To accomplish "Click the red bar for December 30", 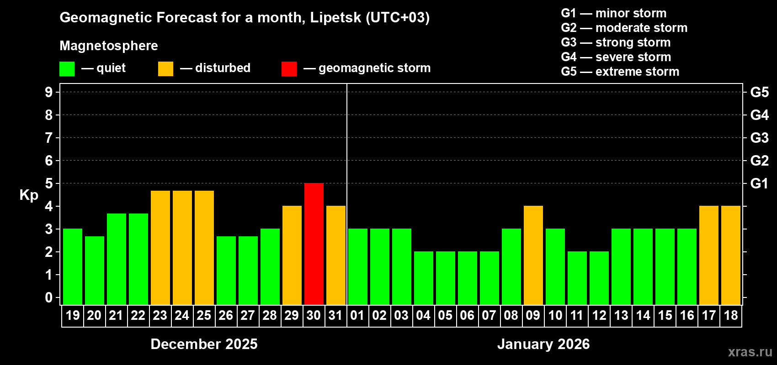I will pos(314,244).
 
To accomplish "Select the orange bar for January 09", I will pos(533,255).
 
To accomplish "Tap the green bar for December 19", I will pos(73,266).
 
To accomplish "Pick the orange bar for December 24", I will pos(182,247).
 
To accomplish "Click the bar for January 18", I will pos(731,255).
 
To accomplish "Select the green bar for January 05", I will pos(446,278).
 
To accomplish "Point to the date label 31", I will pos(335,315).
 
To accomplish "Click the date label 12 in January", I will pos(599,315).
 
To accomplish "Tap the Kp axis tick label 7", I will pos(49,138).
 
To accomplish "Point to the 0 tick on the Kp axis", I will pos(49,297).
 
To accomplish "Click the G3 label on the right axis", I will pos(759,138).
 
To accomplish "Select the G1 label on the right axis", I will pos(759,183).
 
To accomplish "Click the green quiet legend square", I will pos(67,69).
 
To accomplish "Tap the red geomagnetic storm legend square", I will pos(289,69).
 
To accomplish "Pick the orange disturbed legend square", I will pos(165,69).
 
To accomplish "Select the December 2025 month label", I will pos(204,344).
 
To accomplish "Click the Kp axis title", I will pos(29,195).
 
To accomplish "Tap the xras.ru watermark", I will pos(750,352).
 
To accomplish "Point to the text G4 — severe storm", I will pos(616,57).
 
